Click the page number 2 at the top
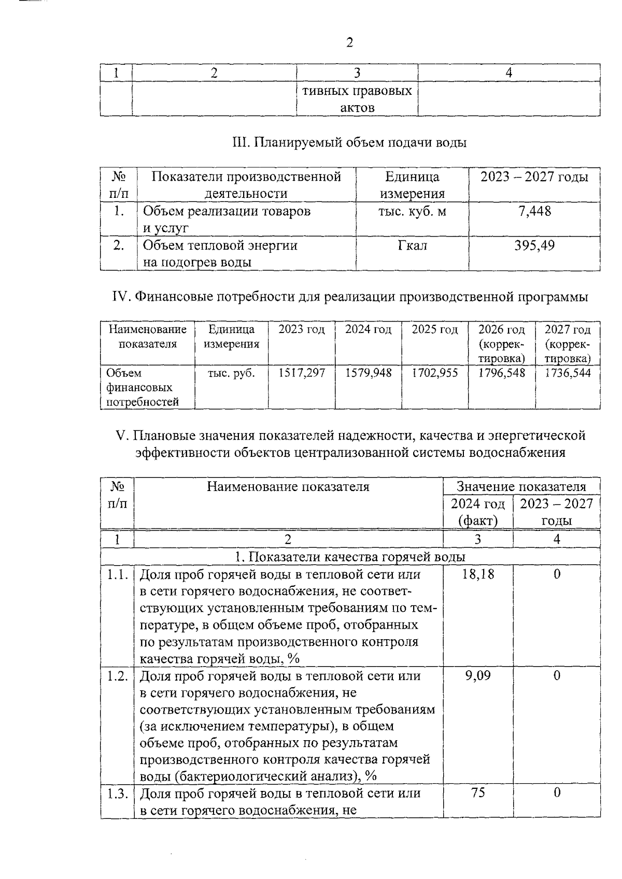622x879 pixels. click(349, 43)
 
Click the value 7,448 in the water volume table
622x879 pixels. click(535, 211)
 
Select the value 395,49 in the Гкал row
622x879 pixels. click(534, 245)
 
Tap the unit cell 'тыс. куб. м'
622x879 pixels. click(413, 211)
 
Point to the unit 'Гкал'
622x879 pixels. click(413, 245)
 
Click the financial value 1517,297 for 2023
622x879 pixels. click(302, 373)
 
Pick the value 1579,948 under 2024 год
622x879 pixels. click(368, 373)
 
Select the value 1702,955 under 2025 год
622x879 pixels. click(435, 373)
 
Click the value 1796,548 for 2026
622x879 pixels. click(501, 373)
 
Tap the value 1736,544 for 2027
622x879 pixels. click(568, 373)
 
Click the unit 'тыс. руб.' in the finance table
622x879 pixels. click(231, 373)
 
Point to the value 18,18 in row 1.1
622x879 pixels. click(478, 574)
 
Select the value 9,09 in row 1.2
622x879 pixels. click(478, 675)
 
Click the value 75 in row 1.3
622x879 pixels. click(478, 792)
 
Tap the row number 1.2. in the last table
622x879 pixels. click(118, 675)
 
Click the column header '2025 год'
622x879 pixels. click(435, 329)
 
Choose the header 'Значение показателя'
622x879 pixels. click(521, 486)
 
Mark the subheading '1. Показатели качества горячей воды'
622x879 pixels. click(350, 557)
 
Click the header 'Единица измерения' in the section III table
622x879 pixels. click(413, 185)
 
